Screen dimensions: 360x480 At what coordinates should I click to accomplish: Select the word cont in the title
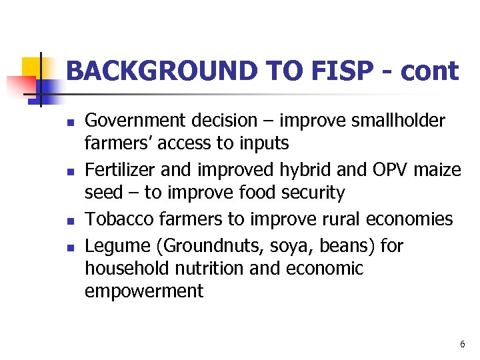(429, 71)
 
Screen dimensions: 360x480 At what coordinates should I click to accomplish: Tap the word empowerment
(144, 292)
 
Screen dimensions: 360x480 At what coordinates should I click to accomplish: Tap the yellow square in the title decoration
(33, 67)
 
